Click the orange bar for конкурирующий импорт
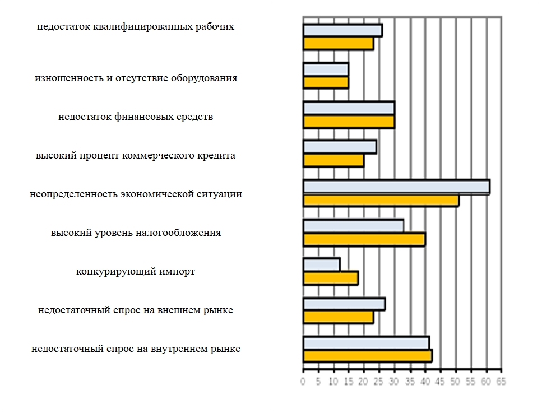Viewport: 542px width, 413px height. tap(331, 278)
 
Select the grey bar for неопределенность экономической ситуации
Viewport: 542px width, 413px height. tap(396, 187)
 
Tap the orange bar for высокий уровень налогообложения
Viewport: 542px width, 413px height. tap(364, 240)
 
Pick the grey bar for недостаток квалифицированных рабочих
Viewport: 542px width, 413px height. tap(342, 31)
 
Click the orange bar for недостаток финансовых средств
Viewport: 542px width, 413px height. tap(349, 122)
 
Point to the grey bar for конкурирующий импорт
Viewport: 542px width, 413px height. tap(321, 264)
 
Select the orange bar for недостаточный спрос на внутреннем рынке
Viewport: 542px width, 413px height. tap(368, 356)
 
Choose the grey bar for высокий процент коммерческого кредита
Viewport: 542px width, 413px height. tap(340, 147)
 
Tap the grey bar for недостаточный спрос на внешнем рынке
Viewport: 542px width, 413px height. tap(344, 304)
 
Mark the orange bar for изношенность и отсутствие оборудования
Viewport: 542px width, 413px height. tap(326, 83)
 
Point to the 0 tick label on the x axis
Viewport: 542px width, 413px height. tap(303, 382)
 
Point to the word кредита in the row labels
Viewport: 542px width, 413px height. tap(219, 156)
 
